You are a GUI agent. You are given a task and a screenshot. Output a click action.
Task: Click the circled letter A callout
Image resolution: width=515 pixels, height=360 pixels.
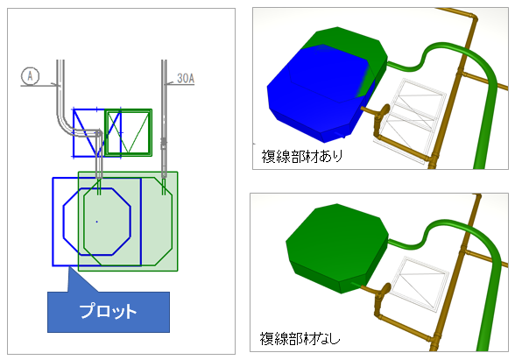pos(30,76)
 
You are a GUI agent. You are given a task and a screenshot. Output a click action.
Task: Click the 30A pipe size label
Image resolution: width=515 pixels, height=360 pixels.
pos(186,78)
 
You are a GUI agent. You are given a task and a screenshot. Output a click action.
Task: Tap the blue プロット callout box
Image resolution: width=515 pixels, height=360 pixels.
pos(109,312)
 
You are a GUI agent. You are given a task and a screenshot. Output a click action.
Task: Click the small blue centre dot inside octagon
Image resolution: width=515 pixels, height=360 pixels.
pos(96,222)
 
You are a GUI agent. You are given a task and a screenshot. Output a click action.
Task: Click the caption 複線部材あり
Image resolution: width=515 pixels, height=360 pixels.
pos(302,156)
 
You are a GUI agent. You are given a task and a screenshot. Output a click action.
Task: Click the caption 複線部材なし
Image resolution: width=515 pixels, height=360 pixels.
pos(300,338)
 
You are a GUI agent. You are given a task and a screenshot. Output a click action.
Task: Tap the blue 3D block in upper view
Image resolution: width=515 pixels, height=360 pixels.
pos(315,98)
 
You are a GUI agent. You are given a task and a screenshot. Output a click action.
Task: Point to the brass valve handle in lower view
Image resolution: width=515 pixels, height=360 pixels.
pos(383,292)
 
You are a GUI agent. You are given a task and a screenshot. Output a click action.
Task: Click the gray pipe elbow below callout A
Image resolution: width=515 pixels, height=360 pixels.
pos(66,126)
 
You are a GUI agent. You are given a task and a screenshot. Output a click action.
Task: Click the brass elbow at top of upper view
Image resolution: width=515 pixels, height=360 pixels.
pos(473,18)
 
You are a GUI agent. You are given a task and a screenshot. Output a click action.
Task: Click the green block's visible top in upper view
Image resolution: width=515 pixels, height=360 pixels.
pos(349,41)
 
